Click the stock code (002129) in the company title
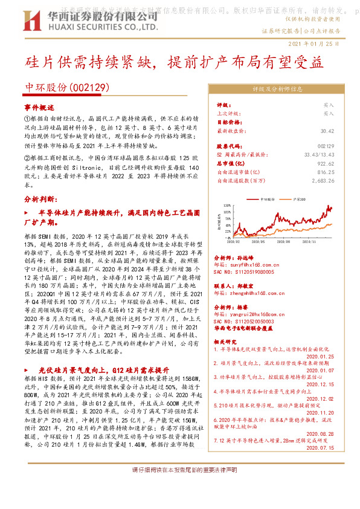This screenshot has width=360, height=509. [91, 87]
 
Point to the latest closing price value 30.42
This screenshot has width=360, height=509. [327, 130]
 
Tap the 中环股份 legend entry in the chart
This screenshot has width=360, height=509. [266, 198]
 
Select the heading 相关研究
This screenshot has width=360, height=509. [227, 342]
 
